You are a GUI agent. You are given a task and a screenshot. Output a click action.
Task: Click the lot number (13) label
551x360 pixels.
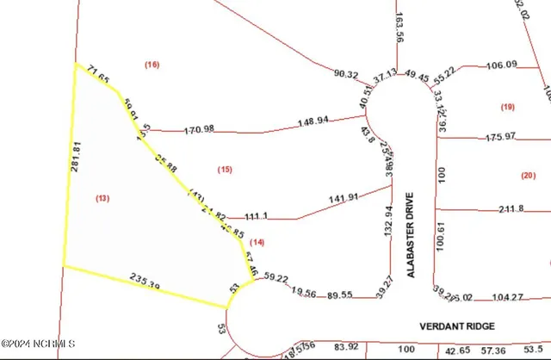click(x=102, y=198)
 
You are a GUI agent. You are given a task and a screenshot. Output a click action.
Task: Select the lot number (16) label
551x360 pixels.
click(x=152, y=65)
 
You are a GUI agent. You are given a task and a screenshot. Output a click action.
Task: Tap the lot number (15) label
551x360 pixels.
click(x=226, y=170)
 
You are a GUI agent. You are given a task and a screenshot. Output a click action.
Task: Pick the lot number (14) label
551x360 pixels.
click(x=257, y=243)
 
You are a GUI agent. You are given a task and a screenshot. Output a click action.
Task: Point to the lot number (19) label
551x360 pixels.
click(x=507, y=106)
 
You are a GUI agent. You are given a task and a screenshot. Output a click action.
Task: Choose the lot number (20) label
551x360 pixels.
click(x=528, y=175)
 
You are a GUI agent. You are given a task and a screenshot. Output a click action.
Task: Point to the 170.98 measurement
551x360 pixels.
click(x=199, y=130)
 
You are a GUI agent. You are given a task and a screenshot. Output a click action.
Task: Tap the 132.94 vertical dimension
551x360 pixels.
click(x=387, y=222)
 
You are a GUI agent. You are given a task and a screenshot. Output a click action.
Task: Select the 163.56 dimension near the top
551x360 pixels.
click(x=399, y=27)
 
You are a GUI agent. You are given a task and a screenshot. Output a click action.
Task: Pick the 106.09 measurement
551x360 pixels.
click(x=501, y=65)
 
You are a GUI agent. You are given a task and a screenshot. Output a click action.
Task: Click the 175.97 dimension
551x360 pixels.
click(x=500, y=136)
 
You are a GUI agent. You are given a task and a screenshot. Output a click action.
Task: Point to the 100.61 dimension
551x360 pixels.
click(x=441, y=235)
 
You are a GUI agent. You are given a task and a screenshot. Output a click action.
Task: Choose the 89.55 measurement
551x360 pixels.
click(x=340, y=295)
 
